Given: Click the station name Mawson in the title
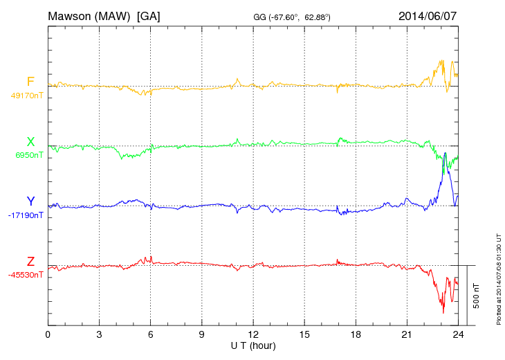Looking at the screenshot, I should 72,16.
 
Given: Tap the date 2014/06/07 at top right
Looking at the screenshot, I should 428,16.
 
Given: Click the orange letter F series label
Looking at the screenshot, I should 30,82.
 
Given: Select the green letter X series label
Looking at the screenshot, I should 30,142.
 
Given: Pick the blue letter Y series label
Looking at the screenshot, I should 30,202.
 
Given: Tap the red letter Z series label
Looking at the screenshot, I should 30,262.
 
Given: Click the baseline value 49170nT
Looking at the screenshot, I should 27,96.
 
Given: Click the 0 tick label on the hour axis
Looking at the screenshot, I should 48,334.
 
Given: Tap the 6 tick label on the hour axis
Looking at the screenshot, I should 150,334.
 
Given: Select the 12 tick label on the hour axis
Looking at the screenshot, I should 253,334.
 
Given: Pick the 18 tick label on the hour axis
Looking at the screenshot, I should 356,334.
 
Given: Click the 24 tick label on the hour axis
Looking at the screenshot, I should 458,334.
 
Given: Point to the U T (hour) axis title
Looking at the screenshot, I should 253,345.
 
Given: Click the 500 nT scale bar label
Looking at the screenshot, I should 477,296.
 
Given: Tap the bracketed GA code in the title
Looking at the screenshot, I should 149,16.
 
